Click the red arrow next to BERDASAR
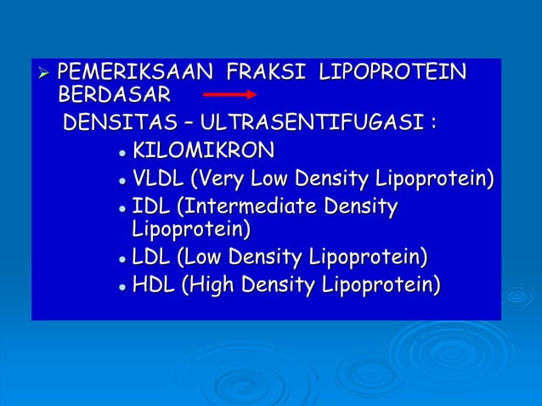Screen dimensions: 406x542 tap(227, 93)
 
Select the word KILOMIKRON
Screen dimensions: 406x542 tap(204, 152)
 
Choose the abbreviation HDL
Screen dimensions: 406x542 tap(154, 285)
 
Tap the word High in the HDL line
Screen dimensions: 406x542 tap(212, 286)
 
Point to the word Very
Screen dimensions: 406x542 tap(219, 179)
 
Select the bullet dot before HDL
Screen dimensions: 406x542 tap(123, 287)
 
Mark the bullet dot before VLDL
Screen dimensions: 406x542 tap(123, 181)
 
